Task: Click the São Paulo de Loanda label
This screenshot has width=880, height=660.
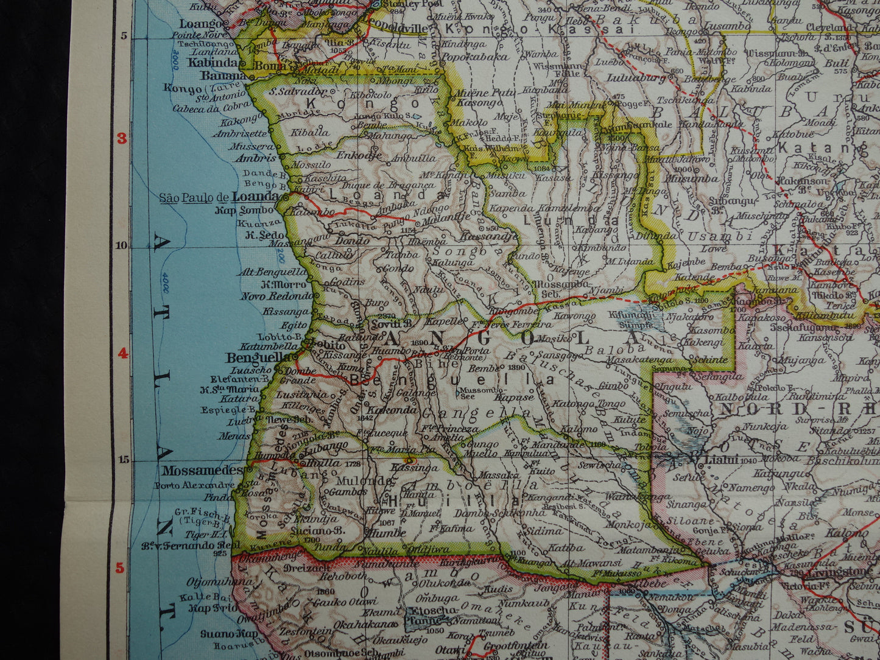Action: (x=219, y=197)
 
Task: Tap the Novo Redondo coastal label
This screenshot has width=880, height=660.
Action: (x=276, y=296)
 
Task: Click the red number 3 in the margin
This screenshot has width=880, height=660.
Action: (x=121, y=138)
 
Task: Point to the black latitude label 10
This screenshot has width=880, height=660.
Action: (x=121, y=245)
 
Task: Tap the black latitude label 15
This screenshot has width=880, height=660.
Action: (x=121, y=460)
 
